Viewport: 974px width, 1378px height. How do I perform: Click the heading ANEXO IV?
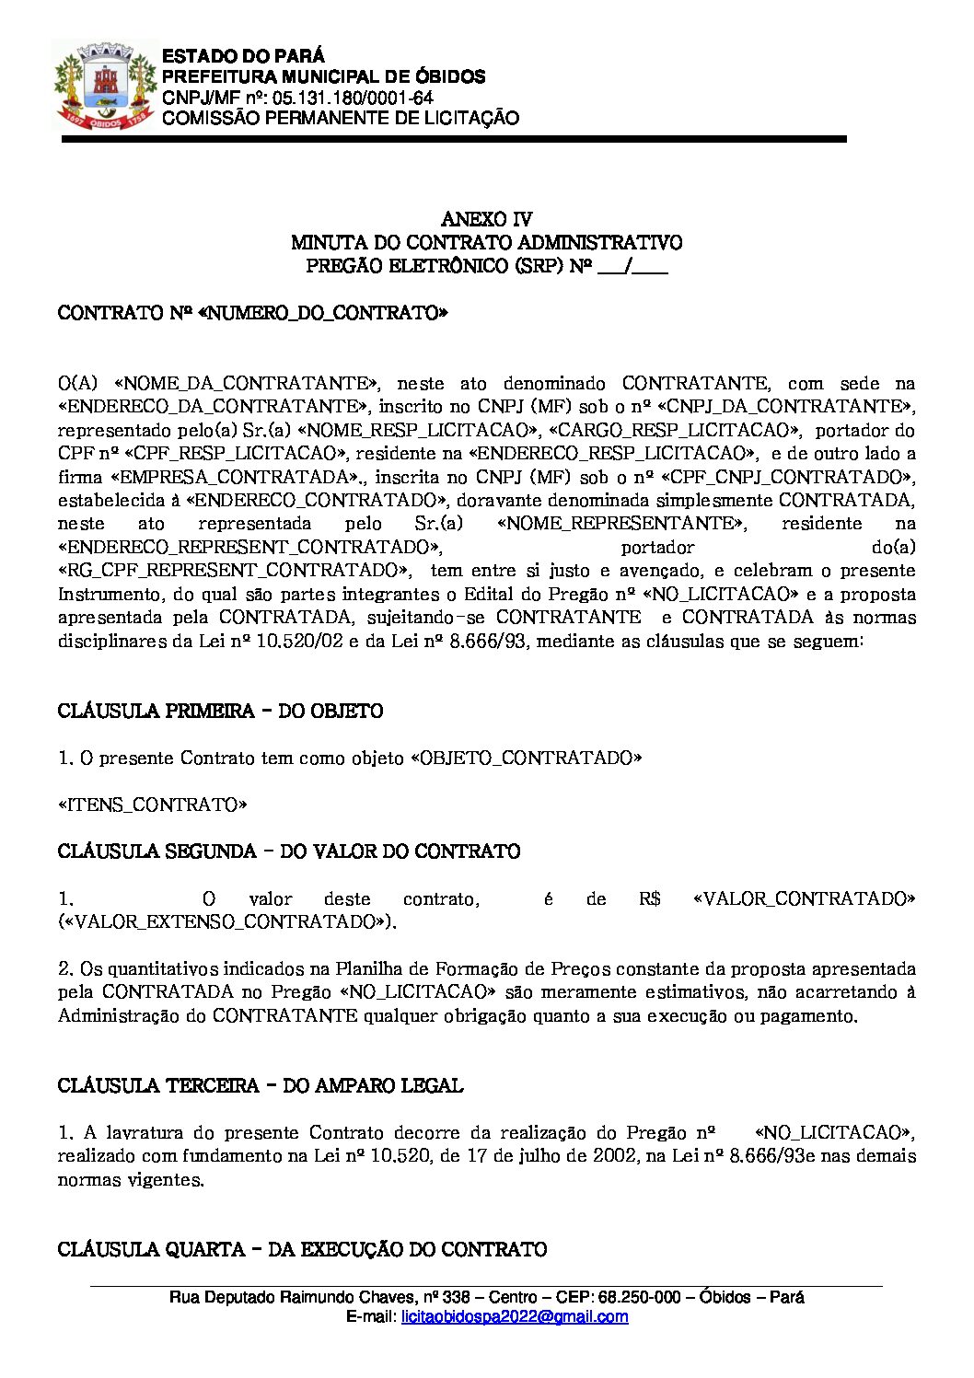click(486, 219)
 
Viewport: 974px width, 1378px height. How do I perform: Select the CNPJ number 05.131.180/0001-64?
click(353, 98)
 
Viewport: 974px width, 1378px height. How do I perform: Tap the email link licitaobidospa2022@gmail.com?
click(515, 1317)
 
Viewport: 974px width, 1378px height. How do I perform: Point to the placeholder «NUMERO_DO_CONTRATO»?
click(322, 313)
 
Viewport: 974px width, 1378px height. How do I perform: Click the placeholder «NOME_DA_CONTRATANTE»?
click(246, 383)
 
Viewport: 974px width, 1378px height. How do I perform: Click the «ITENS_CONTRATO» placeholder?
click(153, 805)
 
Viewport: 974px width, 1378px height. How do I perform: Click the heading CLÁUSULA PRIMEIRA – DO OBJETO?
click(220, 711)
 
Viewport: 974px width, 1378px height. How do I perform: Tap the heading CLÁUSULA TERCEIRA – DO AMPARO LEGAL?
click(260, 1086)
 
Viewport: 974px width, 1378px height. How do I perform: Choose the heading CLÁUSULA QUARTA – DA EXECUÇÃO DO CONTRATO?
click(302, 1249)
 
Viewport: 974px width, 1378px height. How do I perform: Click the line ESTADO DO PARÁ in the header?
click(243, 56)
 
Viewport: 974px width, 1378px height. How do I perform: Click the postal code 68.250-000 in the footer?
click(639, 1297)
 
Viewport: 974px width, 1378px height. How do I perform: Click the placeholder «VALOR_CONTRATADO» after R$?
click(804, 898)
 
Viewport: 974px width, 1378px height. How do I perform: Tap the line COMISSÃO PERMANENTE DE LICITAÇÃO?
click(340, 118)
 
